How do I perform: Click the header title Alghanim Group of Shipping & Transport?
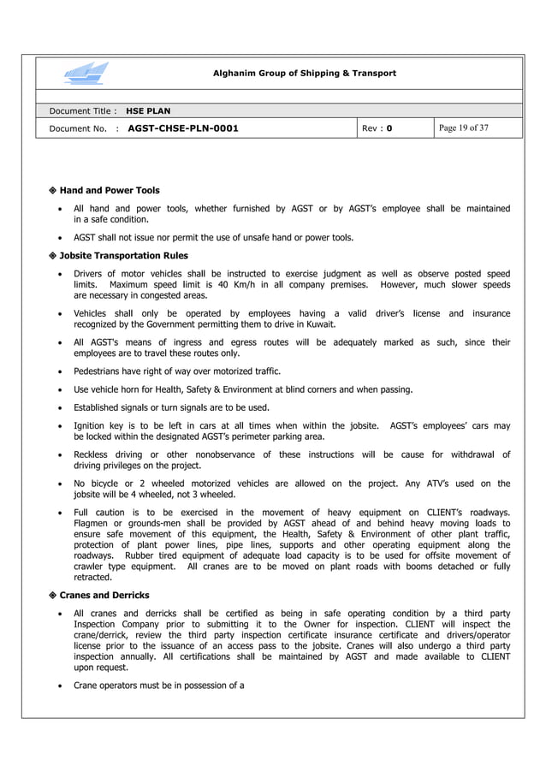304,74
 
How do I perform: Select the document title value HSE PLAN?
148,111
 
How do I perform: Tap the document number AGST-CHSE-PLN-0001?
182,129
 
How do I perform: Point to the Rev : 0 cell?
377,129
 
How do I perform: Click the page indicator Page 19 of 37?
463,128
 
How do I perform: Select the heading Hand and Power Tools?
109,190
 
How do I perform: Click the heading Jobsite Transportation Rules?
123,255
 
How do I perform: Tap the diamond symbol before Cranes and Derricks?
53,595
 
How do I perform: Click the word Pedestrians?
100,371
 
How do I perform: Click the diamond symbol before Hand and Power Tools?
53,190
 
